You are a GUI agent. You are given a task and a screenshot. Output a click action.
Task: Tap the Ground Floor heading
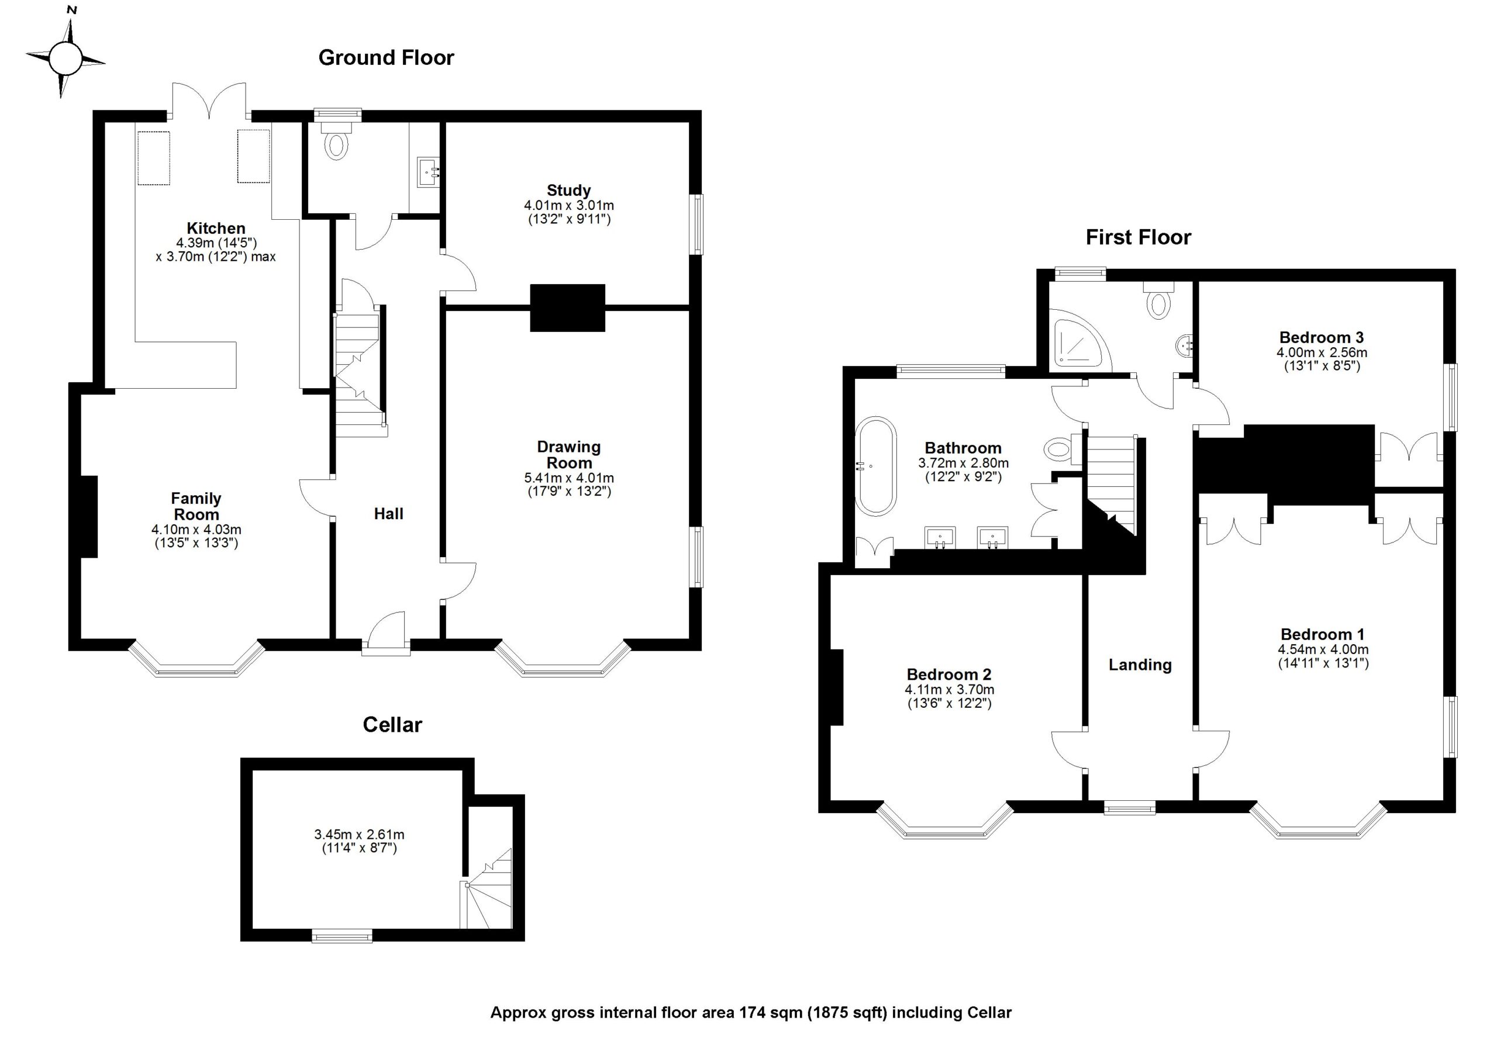pos(385,58)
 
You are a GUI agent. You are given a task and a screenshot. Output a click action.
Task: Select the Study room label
pos(568,191)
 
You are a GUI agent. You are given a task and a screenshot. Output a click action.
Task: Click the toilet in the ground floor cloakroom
pos(336,145)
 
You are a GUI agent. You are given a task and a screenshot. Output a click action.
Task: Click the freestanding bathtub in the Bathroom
pos(875,466)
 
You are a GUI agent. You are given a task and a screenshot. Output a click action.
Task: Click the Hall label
pos(389,514)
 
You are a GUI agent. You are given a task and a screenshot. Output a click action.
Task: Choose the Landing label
pos(1140,665)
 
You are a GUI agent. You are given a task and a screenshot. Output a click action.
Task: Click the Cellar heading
pos(392,725)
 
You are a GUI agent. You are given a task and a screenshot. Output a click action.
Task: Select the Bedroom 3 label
pos(1321,338)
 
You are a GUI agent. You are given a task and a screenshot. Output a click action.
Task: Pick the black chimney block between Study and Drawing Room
pos(567,308)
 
